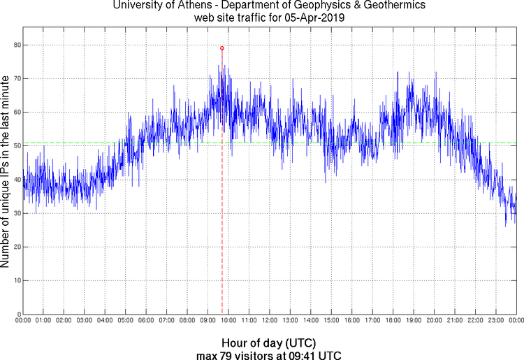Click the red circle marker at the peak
point(222,48)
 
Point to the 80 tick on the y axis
point(16,45)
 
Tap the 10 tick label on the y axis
point(16,280)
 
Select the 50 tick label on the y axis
point(16,146)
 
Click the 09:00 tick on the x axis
point(208,321)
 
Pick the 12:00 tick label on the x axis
point(269,321)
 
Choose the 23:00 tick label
point(495,321)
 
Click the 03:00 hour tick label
point(84,321)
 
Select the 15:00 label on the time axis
point(331,321)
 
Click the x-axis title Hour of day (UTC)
point(268,343)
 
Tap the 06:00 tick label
point(146,321)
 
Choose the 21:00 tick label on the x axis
point(454,321)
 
